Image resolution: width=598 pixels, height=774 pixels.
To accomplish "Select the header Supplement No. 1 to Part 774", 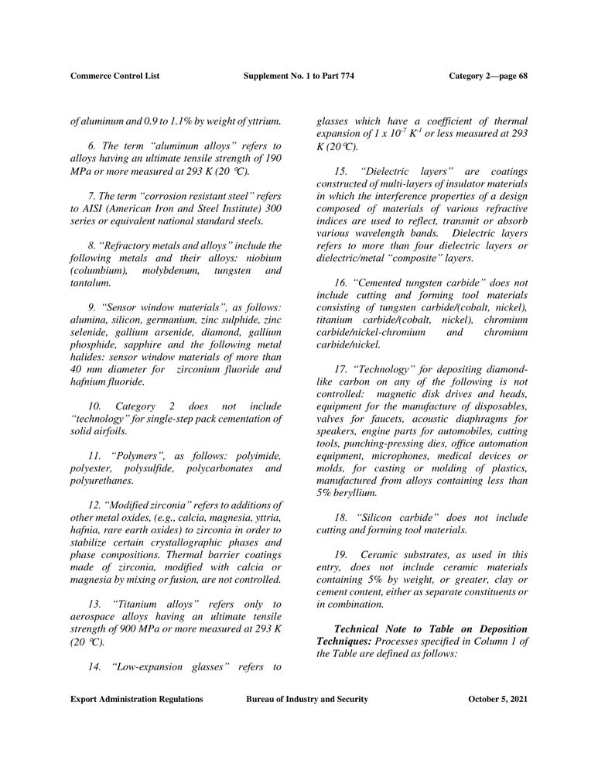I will click(x=299, y=75).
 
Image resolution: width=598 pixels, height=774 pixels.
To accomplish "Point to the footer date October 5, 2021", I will click(x=498, y=699).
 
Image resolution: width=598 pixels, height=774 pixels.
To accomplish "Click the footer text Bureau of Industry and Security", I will click(x=306, y=699).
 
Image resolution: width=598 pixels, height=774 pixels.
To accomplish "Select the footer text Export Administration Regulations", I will click(x=136, y=699).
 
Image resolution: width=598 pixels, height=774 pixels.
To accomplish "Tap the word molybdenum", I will click(x=169, y=271).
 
